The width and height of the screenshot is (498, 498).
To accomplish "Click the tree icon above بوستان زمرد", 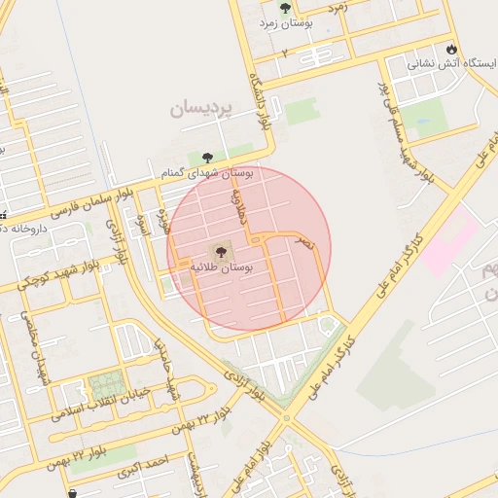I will tap(285, 8).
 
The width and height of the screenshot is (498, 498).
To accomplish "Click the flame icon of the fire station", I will tap(450, 49).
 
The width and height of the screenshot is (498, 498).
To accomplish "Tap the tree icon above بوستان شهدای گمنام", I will tap(207, 156).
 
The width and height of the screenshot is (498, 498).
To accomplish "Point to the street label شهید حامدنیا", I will tap(165, 367).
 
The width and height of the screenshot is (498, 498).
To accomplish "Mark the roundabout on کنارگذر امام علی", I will tap(287, 418).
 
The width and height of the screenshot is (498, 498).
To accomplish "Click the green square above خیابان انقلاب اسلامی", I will tap(106, 381).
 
